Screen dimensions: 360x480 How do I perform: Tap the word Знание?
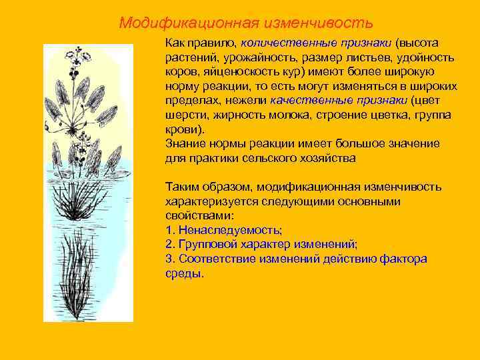point(184,144)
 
